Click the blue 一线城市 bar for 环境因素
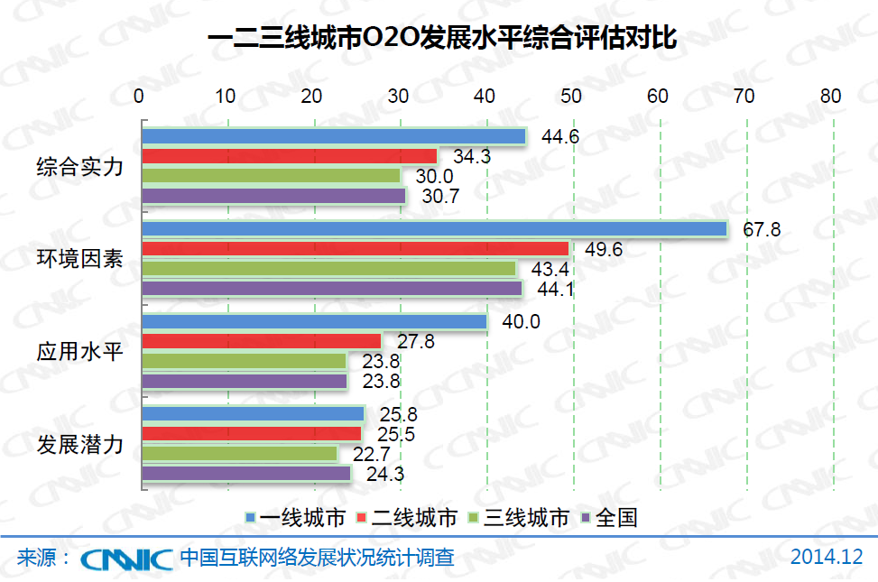point(434,229)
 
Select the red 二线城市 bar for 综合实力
point(289,156)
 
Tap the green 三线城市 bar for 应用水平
point(244,361)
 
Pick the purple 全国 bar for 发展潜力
point(246,473)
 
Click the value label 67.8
point(762,230)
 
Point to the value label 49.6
point(604,249)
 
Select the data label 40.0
point(522,322)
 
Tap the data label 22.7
point(372,454)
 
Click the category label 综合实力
point(79,167)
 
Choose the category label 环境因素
point(79,259)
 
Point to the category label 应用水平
point(79,351)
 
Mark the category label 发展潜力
point(79,444)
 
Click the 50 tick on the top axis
point(571,96)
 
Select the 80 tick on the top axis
point(831,96)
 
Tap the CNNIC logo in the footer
point(126,559)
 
